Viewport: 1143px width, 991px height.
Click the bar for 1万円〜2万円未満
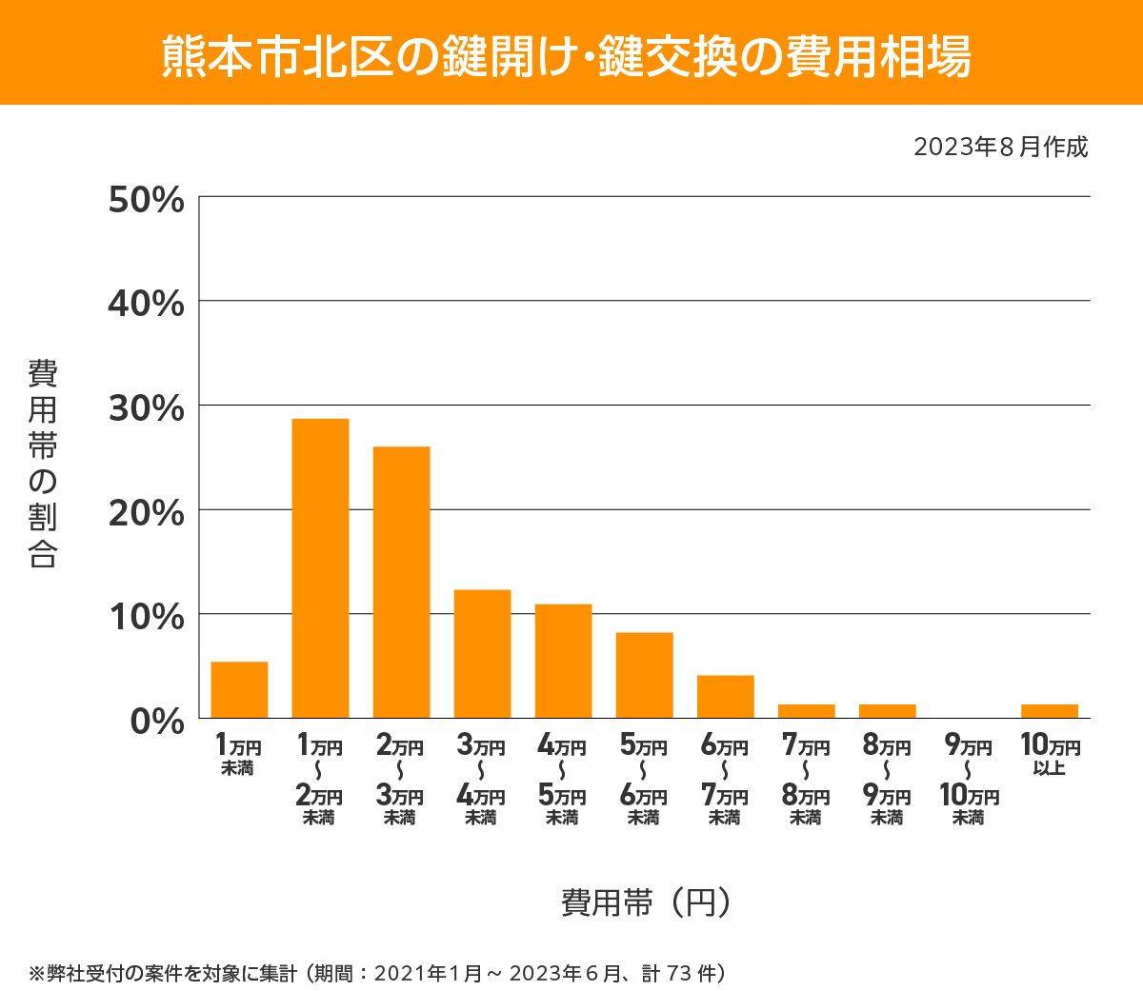click(320, 568)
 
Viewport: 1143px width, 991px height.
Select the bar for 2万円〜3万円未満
click(401, 582)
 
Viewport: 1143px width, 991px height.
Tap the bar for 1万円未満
click(239, 689)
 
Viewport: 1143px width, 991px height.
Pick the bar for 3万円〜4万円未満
click(482, 653)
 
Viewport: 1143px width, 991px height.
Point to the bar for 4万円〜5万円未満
click(563, 661)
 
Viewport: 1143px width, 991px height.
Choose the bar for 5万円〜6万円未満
click(644, 675)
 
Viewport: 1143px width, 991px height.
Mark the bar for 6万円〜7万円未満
click(725, 696)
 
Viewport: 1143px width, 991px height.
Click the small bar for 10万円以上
click(1049, 711)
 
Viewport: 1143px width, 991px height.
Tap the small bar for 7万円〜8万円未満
click(806, 711)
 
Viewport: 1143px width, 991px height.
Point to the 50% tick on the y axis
click(146, 200)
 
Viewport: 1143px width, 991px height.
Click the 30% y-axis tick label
click(146, 408)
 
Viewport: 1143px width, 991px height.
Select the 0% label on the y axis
click(156, 721)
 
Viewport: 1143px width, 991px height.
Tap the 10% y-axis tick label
click(146, 617)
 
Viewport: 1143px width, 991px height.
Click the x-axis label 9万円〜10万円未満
click(968, 780)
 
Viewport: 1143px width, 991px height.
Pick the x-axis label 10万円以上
click(1050, 754)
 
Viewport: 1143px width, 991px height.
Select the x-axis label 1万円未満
click(238, 754)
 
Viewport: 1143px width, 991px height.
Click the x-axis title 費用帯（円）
click(646, 902)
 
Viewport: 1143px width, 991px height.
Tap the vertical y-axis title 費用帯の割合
click(43, 464)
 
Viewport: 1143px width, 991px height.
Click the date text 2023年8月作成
click(1000, 148)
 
